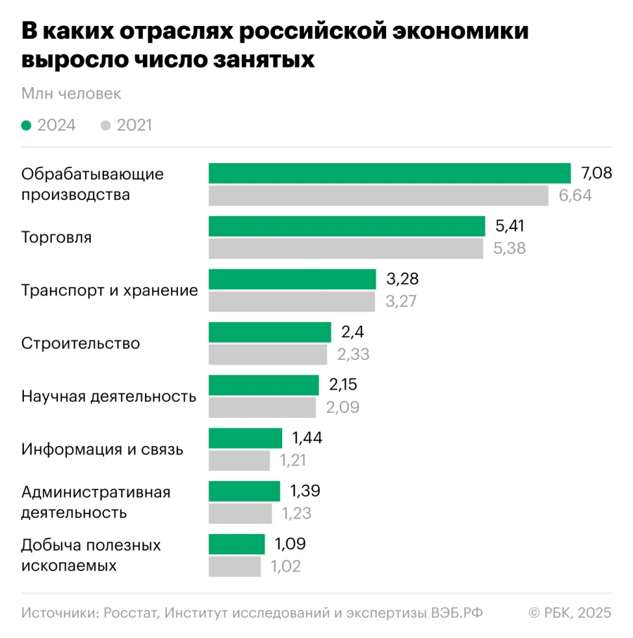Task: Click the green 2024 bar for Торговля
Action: coord(347,227)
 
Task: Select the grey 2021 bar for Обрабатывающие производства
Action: coord(378,196)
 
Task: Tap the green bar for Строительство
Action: coord(269,333)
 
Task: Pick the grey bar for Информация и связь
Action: coord(239,461)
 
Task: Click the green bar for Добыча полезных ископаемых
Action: coord(236,544)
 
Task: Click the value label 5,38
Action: coord(510,248)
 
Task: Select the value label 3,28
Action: coord(402,279)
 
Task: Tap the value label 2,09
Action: coord(343,407)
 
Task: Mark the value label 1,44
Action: coord(307,438)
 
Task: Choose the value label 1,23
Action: coord(297,513)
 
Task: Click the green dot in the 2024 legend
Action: coord(27,126)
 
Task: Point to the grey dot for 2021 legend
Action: coord(106,126)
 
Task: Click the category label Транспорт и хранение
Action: coord(110,291)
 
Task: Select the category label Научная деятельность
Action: coord(109,397)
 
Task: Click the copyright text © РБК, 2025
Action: coord(570,613)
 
